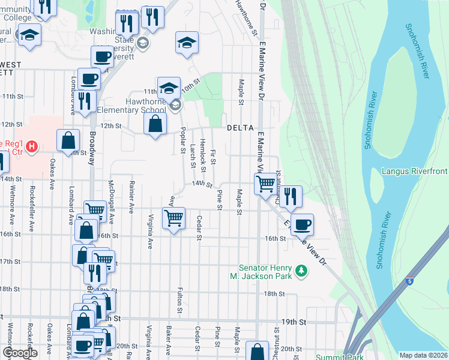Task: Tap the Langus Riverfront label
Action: [x=415, y=172]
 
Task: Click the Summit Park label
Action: [x=367, y=356]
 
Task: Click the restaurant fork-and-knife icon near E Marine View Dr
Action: [x=290, y=196]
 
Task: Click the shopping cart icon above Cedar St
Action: [x=173, y=217]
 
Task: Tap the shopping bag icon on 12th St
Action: [x=155, y=124]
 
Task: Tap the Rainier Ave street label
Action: [x=131, y=199]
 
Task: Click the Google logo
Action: [x=20, y=353]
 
